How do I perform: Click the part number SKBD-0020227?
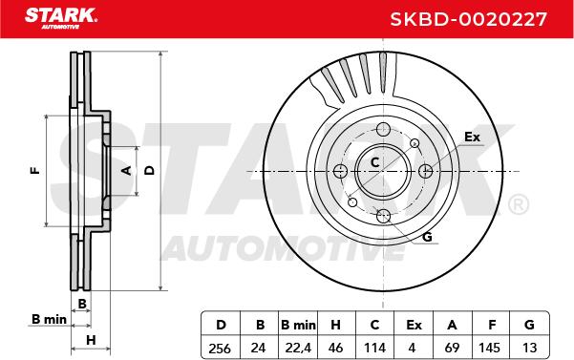[x=468, y=19]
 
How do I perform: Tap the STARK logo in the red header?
[x=61, y=18]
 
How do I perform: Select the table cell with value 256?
[x=220, y=348]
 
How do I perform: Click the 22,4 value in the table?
[x=298, y=348]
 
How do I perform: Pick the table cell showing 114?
[x=374, y=348]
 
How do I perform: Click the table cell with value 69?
[x=452, y=348]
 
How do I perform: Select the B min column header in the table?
[x=298, y=325]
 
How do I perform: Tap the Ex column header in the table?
[x=414, y=325]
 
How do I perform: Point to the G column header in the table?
[x=529, y=325]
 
